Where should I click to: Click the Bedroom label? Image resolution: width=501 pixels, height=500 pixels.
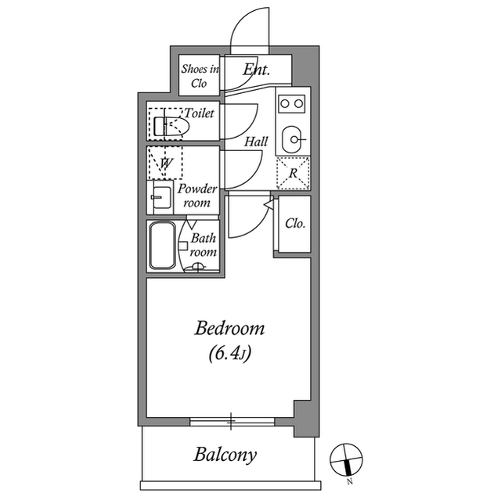[x=229, y=328]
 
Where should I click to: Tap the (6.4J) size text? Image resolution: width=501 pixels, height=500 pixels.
[x=229, y=354]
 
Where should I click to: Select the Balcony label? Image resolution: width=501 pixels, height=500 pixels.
[x=225, y=455]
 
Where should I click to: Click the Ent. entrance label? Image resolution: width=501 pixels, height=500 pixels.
[x=256, y=70]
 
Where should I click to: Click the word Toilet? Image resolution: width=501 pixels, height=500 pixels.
[x=199, y=113]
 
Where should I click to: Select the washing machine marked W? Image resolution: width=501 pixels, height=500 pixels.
[x=166, y=163]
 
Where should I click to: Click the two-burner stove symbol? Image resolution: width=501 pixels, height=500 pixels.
[x=293, y=103]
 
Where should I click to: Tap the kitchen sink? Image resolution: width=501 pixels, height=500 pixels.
[x=293, y=139]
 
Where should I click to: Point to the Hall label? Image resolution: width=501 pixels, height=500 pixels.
[x=256, y=142]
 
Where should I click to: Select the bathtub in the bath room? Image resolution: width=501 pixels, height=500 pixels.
[x=163, y=246]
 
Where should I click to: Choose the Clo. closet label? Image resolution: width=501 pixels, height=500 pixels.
[x=294, y=224]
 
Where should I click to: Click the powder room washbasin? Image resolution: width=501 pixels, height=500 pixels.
[x=161, y=198]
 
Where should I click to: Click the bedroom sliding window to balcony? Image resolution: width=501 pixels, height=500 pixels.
[x=232, y=423]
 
